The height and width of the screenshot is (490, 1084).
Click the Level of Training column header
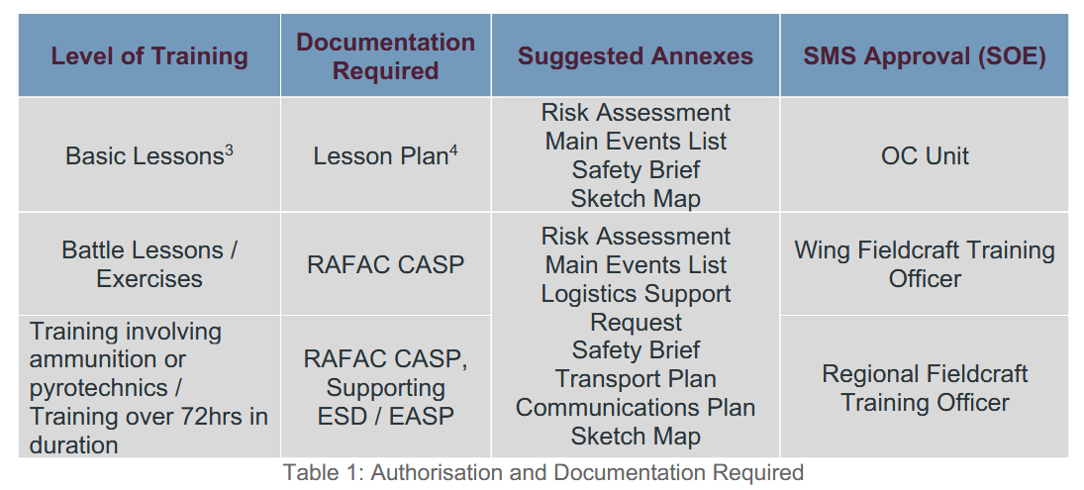[x=149, y=56]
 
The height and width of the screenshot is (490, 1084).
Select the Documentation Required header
[x=386, y=56]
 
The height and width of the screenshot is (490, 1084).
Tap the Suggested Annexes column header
[x=636, y=56]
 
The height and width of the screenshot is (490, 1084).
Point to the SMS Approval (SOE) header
[x=925, y=56]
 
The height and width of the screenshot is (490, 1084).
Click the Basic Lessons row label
[x=144, y=155]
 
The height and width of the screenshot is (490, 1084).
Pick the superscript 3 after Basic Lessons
[x=229, y=149]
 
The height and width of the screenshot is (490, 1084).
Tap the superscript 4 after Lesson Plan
[x=452, y=149]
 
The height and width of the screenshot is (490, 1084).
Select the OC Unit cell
[x=925, y=155]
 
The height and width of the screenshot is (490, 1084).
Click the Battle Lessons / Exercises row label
[x=149, y=264]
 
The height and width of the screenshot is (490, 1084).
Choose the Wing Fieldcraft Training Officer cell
[x=925, y=264]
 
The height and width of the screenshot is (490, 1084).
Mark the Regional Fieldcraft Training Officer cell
[x=925, y=388]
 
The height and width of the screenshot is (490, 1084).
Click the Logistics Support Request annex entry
[x=636, y=308]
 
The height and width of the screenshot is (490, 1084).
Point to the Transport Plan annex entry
[x=636, y=379]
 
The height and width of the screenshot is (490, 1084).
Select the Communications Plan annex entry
[x=636, y=407]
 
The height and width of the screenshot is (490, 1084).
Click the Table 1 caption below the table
[x=543, y=473]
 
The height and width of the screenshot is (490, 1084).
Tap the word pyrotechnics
[x=98, y=388]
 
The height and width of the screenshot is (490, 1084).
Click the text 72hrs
[x=196, y=416]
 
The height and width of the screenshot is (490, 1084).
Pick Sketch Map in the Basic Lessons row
[x=636, y=198]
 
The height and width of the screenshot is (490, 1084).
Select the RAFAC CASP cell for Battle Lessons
[x=386, y=264]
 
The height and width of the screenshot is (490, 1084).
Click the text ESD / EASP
[x=386, y=416]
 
